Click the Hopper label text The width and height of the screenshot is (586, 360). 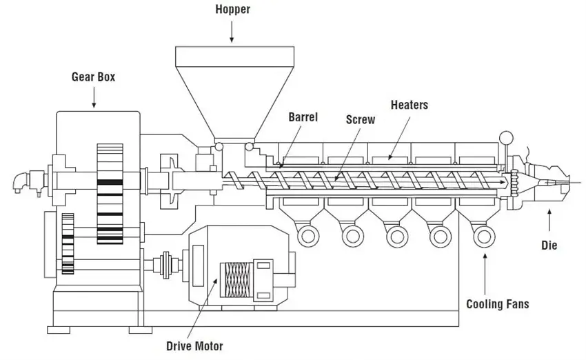(x=232, y=10)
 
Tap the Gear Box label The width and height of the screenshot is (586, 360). (x=94, y=77)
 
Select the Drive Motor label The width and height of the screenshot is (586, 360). (x=194, y=346)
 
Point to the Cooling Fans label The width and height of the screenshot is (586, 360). (x=498, y=304)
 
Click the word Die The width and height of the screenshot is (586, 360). (x=549, y=246)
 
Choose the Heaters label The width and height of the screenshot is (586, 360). (x=410, y=105)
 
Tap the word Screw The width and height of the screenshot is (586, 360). (x=361, y=119)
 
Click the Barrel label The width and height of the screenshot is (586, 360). (x=303, y=117)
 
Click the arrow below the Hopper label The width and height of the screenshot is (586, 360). (x=232, y=32)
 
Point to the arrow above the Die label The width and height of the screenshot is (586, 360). (x=549, y=220)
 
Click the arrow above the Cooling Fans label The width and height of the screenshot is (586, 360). (x=485, y=274)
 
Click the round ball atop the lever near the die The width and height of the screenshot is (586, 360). (x=506, y=138)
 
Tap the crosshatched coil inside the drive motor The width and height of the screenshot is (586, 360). (x=236, y=279)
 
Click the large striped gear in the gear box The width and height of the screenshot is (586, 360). (x=110, y=194)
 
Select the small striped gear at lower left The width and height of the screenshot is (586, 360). (x=68, y=243)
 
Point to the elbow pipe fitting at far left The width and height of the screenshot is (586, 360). (x=21, y=182)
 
